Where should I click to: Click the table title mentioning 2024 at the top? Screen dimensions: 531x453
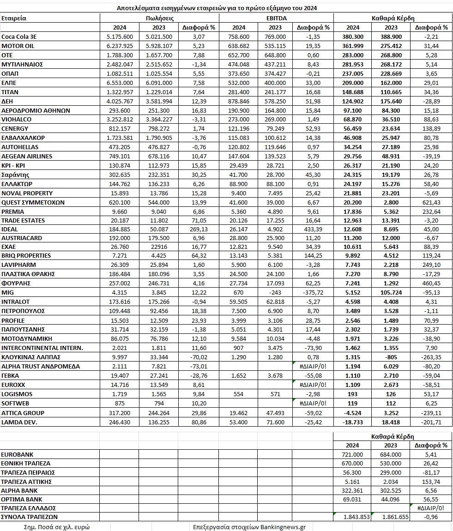pos(213,8)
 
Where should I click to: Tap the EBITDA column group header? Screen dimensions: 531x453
pos(276,18)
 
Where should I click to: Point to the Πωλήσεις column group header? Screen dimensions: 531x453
pos(159,18)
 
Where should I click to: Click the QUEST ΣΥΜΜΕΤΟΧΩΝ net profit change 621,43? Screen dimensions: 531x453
pos(431,202)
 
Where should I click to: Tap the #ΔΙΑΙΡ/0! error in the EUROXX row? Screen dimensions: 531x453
pos(314,385)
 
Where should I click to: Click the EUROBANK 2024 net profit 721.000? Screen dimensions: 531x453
pos(352,454)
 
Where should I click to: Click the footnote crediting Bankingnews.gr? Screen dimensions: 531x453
pos(251,526)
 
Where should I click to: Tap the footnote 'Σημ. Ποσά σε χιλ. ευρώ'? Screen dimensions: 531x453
pos(53,526)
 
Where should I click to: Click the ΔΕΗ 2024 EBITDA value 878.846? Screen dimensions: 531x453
pos(238,101)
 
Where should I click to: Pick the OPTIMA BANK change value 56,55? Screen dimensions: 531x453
pos(432,499)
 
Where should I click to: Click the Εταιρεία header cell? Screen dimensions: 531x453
pos(14,18)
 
